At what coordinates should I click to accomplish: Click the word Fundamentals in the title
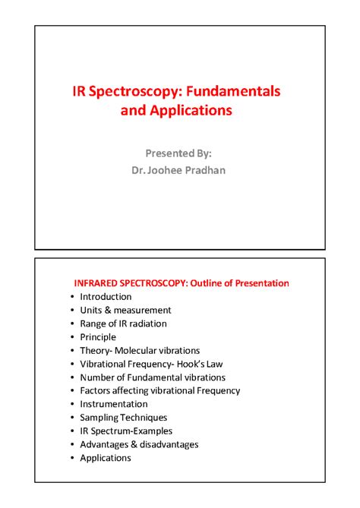pos(236,91)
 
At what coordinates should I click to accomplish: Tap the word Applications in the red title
pos(190,111)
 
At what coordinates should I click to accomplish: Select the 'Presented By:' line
pos(179,152)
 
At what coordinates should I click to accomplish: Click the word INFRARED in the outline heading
pos(97,283)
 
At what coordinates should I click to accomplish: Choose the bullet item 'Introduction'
pos(106,297)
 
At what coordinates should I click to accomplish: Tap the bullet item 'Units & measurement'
pos(125,310)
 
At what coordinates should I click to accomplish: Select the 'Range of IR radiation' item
pos(123,323)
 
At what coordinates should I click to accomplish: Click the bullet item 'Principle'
pos(98,337)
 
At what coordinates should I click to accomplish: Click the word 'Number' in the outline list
pos(98,377)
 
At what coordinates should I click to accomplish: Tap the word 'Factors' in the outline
pos(96,390)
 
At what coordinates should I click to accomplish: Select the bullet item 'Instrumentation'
pos(114,404)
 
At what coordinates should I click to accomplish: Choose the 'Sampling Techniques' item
pos(123,418)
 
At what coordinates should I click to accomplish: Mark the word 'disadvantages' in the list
pos(169,444)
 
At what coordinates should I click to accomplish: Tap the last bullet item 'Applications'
pos(106,458)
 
